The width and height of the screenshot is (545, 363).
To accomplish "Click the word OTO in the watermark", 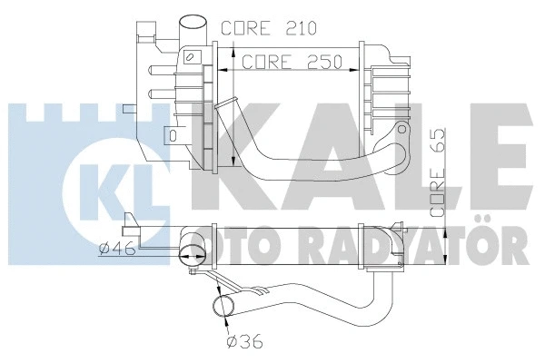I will click(x=215, y=247).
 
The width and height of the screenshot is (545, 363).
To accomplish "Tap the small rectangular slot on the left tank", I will click(x=172, y=136).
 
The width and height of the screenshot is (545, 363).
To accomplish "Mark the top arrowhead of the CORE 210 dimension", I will click(x=234, y=44).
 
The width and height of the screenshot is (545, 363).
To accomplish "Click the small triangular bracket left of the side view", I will click(x=132, y=221).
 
